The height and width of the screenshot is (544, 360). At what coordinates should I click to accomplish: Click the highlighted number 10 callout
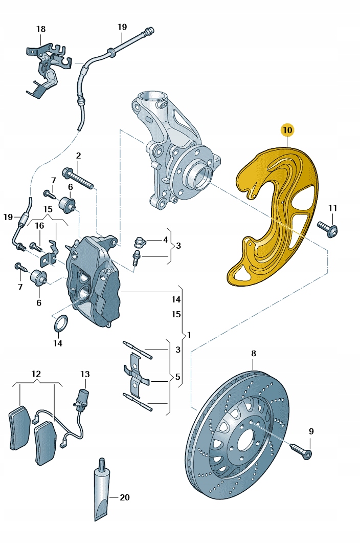pyautogui.click(x=287, y=130)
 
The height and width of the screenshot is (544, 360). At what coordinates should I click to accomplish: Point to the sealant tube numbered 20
pyautogui.click(x=103, y=494)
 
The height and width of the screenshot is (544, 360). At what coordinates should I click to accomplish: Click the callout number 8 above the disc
pyautogui.click(x=253, y=354)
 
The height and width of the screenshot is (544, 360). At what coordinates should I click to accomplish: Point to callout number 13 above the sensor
pyautogui.click(x=84, y=374)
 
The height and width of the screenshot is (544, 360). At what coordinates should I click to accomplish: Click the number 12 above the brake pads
pyautogui.click(x=36, y=374)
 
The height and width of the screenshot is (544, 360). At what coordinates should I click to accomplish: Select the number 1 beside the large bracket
pyautogui.click(x=189, y=335)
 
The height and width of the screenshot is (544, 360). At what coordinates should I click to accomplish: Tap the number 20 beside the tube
pyautogui.click(x=125, y=497)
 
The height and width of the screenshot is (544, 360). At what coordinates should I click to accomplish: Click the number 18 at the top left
pyautogui.click(x=41, y=29)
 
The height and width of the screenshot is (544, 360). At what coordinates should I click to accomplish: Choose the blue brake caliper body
pyautogui.click(x=95, y=279)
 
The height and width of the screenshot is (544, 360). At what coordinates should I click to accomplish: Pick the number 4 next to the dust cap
pyautogui.click(x=165, y=240)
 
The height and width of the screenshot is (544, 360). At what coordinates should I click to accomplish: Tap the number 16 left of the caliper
pyautogui.click(x=39, y=225)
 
